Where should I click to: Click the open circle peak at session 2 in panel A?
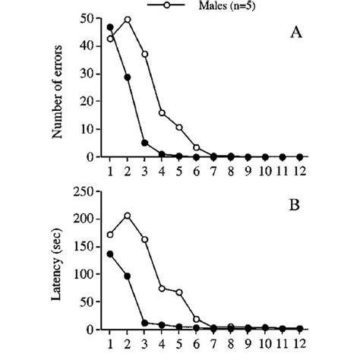click(x=128, y=20)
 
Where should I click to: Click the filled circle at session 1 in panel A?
click(x=110, y=27)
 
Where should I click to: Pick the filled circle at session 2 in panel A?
click(x=128, y=77)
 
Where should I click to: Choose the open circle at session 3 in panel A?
click(x=145, y=54)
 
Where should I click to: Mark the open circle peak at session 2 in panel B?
click(x=128, y=216)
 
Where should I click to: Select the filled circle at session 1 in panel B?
click(x=110, y=254)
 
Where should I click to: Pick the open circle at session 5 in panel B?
click(x=179, y=292)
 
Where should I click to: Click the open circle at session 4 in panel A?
click(x=162, y=112)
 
